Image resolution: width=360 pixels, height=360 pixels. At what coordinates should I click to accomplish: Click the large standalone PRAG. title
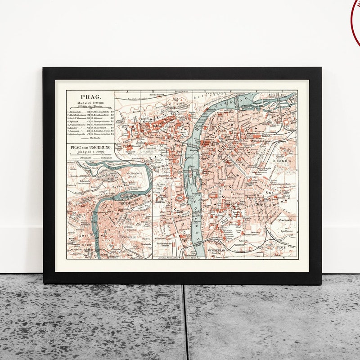90,96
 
